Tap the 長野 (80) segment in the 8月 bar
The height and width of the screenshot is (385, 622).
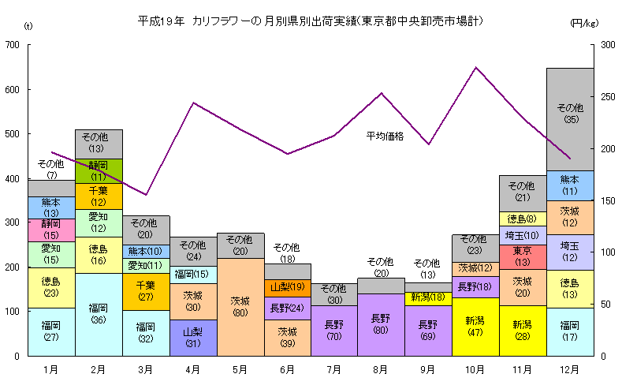(x=381, y=324)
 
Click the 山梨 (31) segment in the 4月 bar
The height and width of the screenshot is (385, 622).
(x=193, y=338)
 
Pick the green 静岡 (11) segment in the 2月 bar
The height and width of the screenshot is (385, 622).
(x=99, y=170)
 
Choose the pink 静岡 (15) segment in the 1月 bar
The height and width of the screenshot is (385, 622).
(x=51, y=230)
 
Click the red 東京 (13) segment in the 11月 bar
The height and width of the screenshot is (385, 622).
(x=522, y=256)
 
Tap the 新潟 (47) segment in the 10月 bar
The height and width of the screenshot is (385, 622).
(x=475, y=326)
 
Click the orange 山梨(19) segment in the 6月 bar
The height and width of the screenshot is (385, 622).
(x=287, y=286)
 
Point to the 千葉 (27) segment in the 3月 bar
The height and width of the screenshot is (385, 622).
(x=146, y=290)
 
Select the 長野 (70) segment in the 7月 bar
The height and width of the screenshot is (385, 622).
(x=334, y=331)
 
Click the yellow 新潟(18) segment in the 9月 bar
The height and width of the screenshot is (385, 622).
(x=428, y=297)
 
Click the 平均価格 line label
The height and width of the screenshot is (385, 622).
(x=385, y=136)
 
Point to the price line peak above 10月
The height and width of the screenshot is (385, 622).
(x=475, y=68)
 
